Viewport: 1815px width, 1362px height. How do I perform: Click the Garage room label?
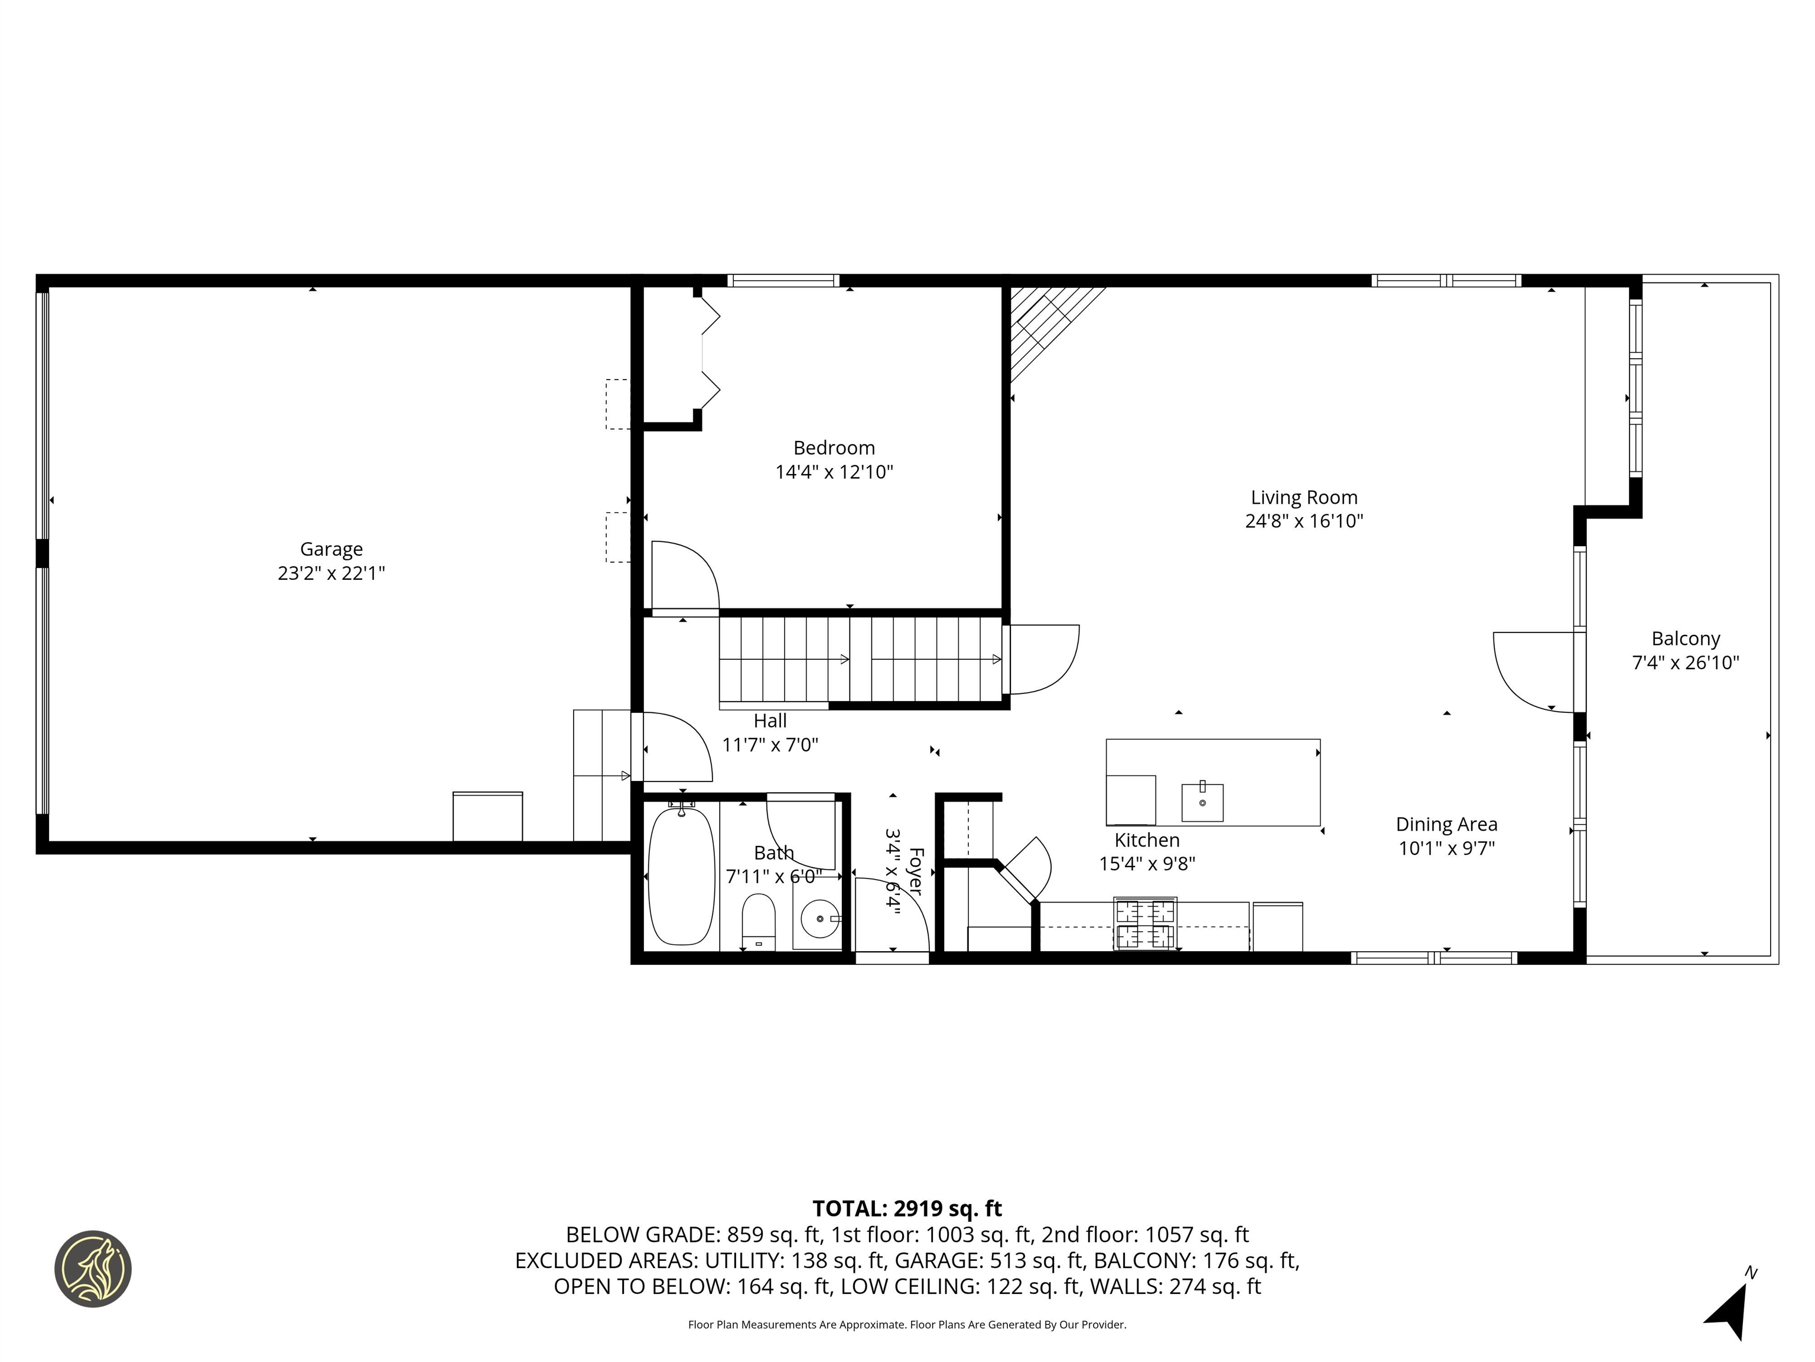tap(331, 549)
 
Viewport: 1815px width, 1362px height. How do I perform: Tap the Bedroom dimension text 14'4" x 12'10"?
tap(834, 472)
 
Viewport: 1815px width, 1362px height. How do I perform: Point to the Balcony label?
tap(1686, 638)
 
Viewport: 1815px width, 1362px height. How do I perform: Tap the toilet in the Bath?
tap(758, 920)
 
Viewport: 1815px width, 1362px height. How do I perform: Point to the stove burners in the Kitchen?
tap(1144, 923)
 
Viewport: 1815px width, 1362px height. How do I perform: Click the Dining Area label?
tap(1446, 824)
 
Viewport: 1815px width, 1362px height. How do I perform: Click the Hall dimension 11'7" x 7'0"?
tap(770, 745)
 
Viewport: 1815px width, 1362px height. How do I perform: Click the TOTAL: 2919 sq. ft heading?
tap(907, 1208)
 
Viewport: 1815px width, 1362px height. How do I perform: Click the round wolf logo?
tap(93, 1269)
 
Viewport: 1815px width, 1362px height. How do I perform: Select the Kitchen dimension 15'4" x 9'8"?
tap(1146, 864)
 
